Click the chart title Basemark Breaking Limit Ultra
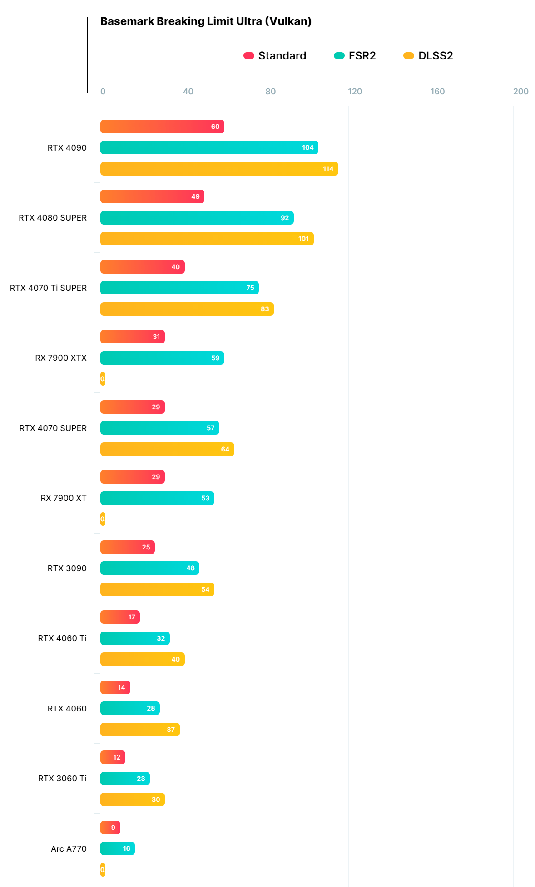pos(206,21)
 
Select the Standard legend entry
pos(275,56)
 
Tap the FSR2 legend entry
pos(355,56)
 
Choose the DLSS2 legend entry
pos(428,56)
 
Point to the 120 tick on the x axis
pos(355,92)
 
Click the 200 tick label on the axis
pos(520,92)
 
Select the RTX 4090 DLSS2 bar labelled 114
pos(219,169)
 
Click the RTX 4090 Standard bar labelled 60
pos(162,127)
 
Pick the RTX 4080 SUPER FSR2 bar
pos(197,218)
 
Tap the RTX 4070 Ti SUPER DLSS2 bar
pos(187,309)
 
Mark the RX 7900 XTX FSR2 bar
pos(162,358)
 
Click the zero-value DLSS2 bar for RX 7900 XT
pos(103,519)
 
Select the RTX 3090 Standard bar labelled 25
pos(127,547)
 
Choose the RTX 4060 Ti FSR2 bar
pos(135,638)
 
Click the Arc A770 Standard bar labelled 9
pos(110,828)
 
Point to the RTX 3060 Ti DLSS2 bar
pos(132,799)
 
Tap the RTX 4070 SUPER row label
pos(53,428)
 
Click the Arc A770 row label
pos(69,849)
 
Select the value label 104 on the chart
pos(307,147)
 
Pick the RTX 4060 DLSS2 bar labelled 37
pos(140,730)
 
